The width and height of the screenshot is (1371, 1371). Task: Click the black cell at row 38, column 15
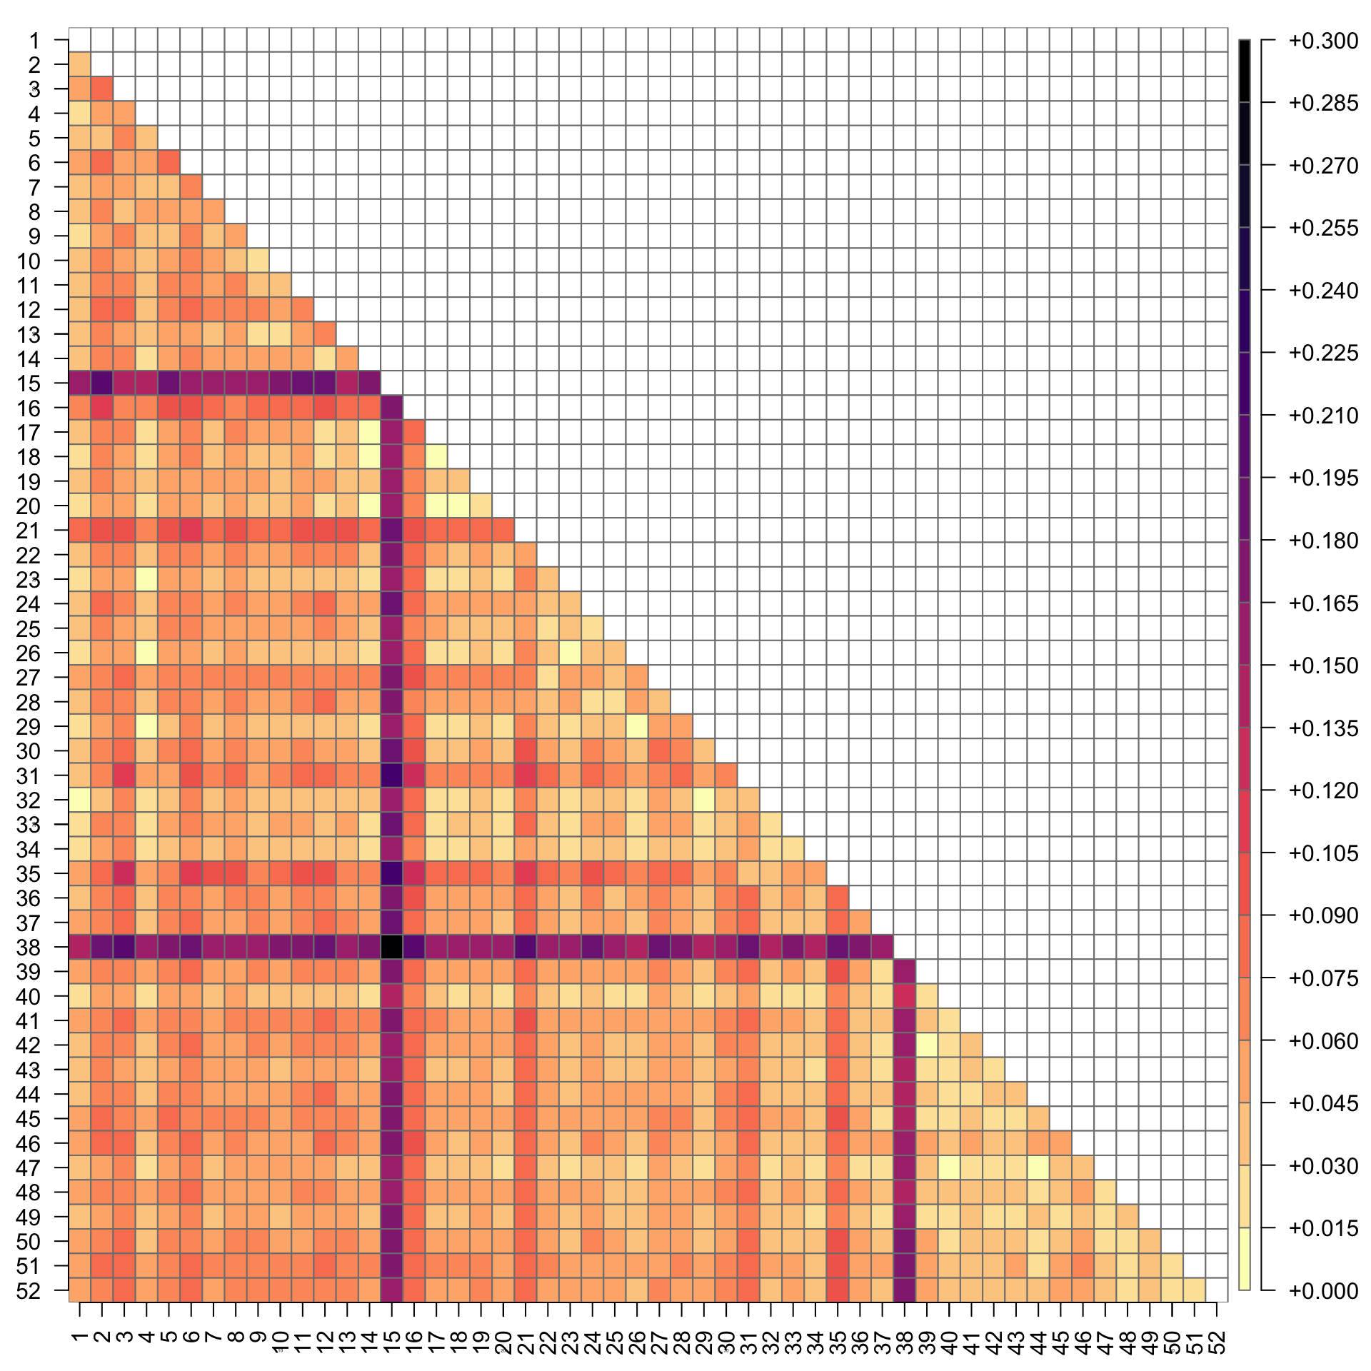(x=391, y=947)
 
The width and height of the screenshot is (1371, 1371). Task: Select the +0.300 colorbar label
(x=1322, y=41)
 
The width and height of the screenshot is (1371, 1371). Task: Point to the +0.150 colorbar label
(x=1322, y=666)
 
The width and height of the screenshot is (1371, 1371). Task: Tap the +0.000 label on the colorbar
(x=1322, y=1290)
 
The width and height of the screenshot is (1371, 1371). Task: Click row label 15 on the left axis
(x=29, y=384)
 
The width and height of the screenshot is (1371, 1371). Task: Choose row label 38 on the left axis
(x=29, y=948)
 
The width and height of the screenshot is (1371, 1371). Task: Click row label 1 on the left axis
(x=34, y=41)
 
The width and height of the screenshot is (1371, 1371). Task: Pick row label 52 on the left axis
(x=29, y=1290)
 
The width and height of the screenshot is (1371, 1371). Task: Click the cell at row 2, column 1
(x=79, y=64)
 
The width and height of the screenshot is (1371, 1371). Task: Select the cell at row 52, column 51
(x=1195, y=1290)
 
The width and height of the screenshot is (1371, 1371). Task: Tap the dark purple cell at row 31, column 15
(x=391, y=775)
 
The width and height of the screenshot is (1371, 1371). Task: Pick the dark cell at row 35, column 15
(x=391, y=873)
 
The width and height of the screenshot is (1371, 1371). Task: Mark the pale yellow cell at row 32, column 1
(x=79, y=800)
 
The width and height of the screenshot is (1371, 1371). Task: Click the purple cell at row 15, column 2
(x=101, y=383)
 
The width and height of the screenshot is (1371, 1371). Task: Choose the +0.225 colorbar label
(x=1322, y=353)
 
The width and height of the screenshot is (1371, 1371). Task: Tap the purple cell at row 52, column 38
(x=905, y=1290)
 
